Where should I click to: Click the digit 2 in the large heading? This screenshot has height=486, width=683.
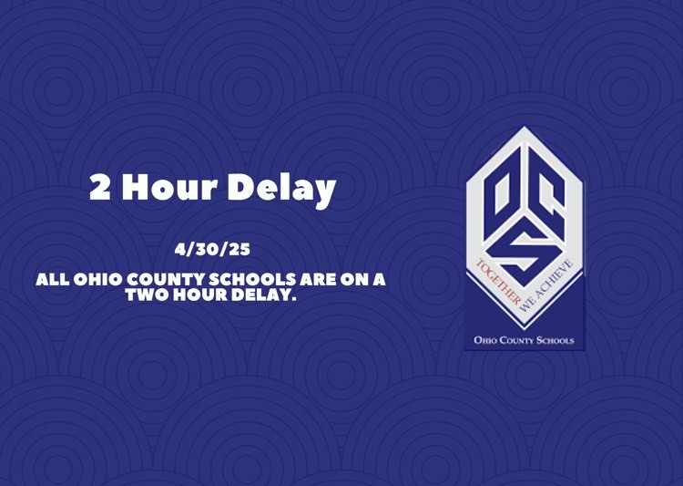coord(100,187)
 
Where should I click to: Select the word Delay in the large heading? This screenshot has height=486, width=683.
coord(281,189)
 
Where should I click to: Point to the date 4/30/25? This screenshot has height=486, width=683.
coord(212,250)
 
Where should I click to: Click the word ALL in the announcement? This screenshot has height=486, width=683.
coord(52,279)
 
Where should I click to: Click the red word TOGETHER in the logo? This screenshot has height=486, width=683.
coord(498,283)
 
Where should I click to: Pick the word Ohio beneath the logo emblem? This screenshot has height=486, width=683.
coord(484,340)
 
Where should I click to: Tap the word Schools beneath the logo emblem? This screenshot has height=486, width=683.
coord(555,340)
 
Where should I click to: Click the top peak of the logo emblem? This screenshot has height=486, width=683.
coord(524,127)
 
